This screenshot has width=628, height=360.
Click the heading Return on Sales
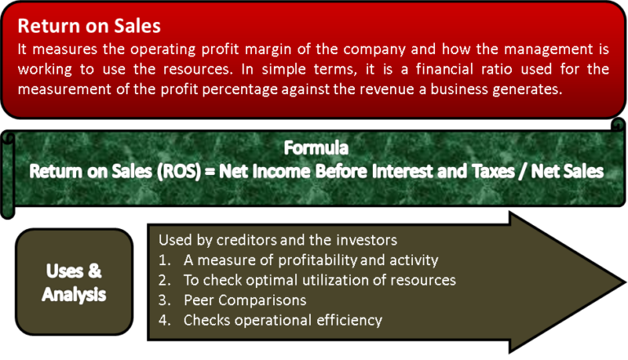89,26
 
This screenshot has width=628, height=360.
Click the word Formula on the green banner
316,149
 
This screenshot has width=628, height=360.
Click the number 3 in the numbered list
164,299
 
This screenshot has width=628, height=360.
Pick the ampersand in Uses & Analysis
95,271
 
